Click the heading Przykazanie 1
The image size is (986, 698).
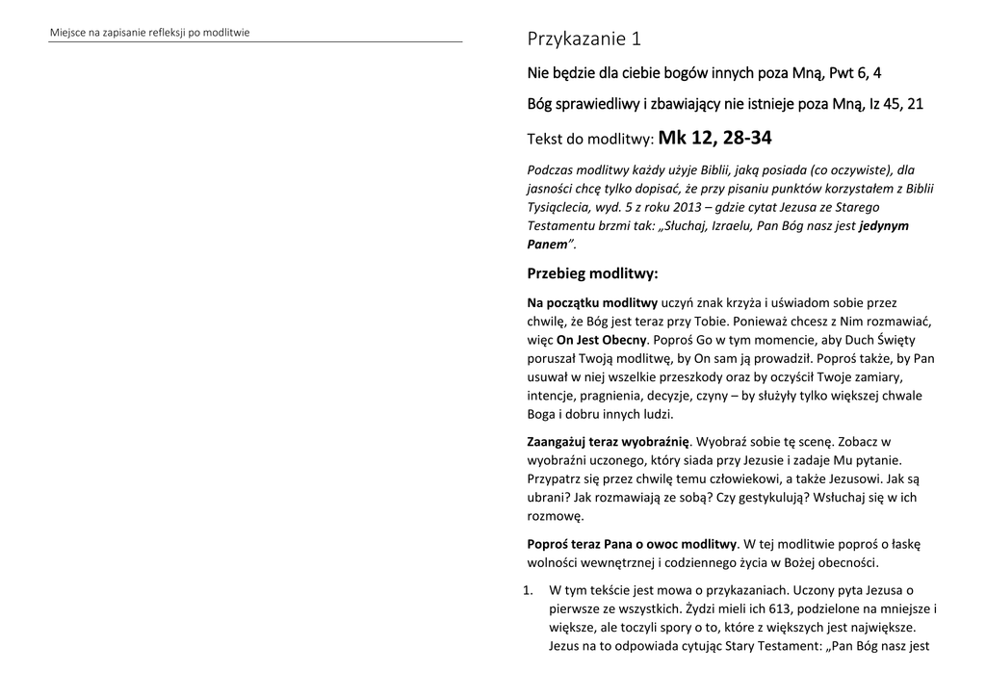tap(584, 39)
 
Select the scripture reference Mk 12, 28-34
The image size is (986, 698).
tap(714, 139)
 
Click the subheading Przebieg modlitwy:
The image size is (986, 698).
tap(592, 274)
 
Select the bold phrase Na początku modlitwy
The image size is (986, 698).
tap(585, 303)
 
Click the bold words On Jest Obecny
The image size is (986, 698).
tap(601, 340)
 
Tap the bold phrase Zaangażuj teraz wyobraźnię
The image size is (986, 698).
tap(609, 442)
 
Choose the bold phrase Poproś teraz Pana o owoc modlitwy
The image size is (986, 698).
tap(632, 544)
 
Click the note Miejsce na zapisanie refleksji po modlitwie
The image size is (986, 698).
tap(150, 33)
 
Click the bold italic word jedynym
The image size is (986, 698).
tap(884, 225)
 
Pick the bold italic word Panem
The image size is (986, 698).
tap(548, 244)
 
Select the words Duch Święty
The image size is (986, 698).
tap(892, 340)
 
